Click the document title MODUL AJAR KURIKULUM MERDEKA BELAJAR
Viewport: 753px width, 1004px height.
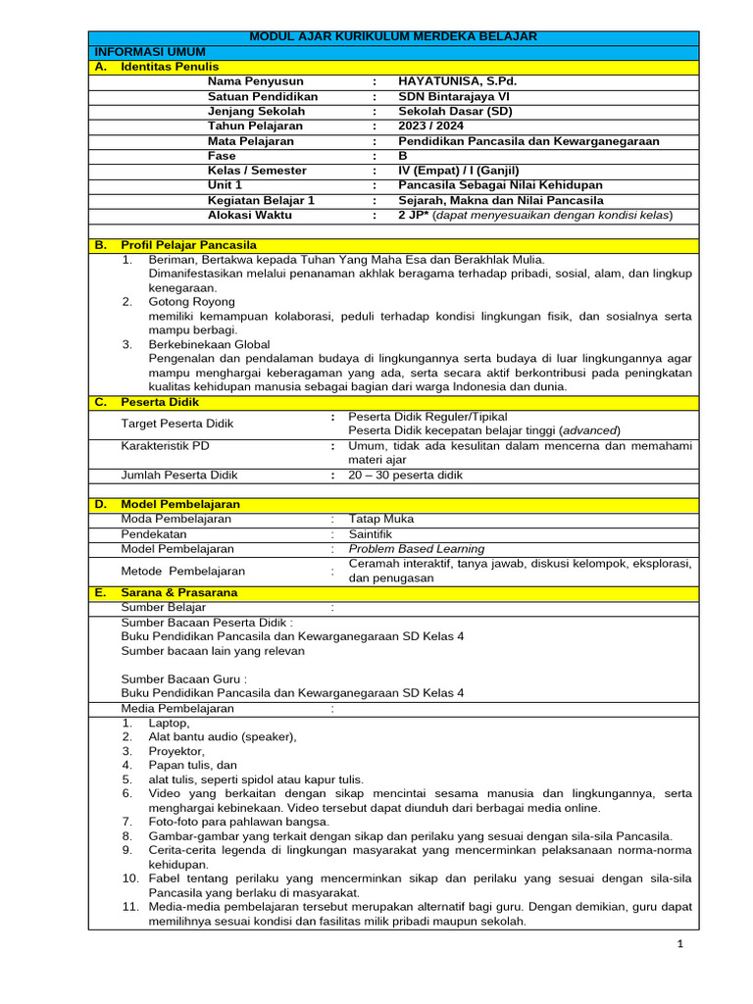pyautogui.click(x=393, y=37)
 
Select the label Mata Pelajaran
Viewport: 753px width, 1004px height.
pyautogui.click(x=251, y=140)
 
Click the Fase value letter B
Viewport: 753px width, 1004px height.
pyautogui.click(x=403, y=155)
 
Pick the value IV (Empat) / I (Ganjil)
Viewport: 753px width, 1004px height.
pyautogui.click(x=459, y=170)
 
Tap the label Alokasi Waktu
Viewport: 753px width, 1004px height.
pyautogui.click(x=249, y=214)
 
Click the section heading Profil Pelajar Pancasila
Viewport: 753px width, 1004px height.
pyautogui.click(x=189, y=244)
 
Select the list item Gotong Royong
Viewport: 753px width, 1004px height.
pyautogui.click(x=191, y=302)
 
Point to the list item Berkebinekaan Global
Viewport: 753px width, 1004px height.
pyautogui.click(x=209, y=345)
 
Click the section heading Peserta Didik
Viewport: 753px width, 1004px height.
pyautogui.click(x=160, y=402)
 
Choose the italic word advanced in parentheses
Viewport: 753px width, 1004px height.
pyautogui.click(x=589, y=430)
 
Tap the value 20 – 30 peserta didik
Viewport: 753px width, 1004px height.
pyautogui.click(x=405, y=475)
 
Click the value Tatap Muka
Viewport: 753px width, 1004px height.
pyautogui.click(x=381, y=519)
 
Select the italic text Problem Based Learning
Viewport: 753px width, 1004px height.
pyautogui.click(x=417, y=548)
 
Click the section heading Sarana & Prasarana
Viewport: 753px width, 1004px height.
pyautogui.click(x=179, y=592)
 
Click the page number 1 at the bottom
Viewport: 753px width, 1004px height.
pyautogui.click(x=678, y=943)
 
